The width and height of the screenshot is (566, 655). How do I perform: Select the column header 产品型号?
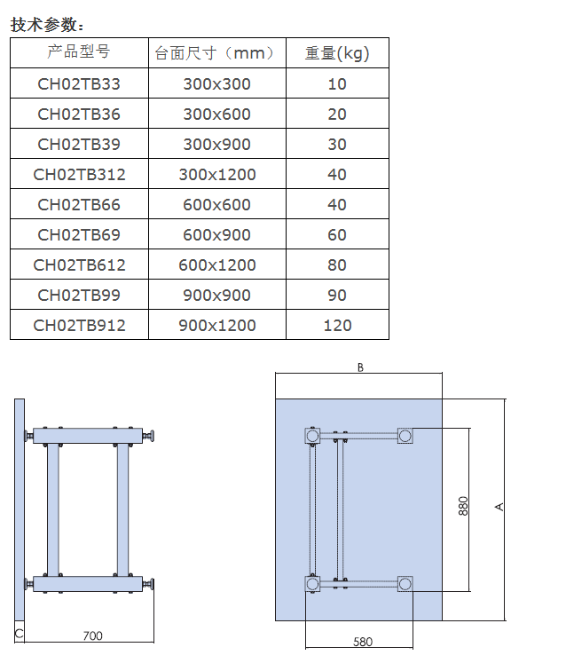tap(79, 51)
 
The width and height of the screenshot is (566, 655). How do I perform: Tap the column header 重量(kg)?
tap(337, 53)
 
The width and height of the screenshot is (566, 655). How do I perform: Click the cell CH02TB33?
tap(79, 84)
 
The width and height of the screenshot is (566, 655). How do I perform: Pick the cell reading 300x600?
tap(217, 114)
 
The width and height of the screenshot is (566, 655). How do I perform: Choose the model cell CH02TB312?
tap(79, 175)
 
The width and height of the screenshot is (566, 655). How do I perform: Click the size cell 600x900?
tap(217, 235)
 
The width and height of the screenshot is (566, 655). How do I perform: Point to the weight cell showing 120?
tap(338, 326)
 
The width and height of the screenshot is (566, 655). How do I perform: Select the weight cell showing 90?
tap(337, 296)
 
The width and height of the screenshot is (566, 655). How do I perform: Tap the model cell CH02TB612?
tap(79, 265)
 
